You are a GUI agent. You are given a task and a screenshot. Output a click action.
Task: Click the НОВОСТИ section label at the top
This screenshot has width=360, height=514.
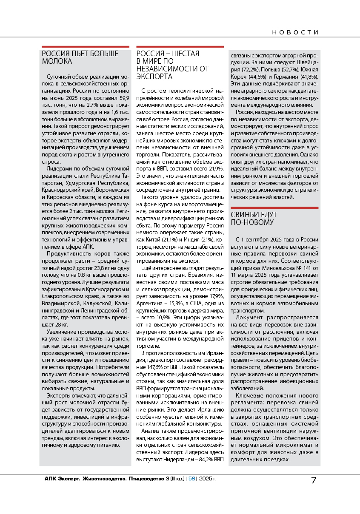tap(295, 32)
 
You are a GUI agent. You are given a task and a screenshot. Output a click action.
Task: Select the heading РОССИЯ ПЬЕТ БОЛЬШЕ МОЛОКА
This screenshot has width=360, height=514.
tap(80, 57)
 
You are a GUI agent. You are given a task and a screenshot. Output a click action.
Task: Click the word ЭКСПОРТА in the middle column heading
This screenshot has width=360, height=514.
tap(154, 77)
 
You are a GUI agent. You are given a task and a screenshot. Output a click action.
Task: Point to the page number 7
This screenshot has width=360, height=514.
tap(314, 480)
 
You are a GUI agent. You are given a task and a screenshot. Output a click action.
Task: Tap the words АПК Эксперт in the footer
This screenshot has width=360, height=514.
tap(62, 479)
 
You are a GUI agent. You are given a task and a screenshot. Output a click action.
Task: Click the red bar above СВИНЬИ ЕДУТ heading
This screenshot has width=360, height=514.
tap(273, 208)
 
